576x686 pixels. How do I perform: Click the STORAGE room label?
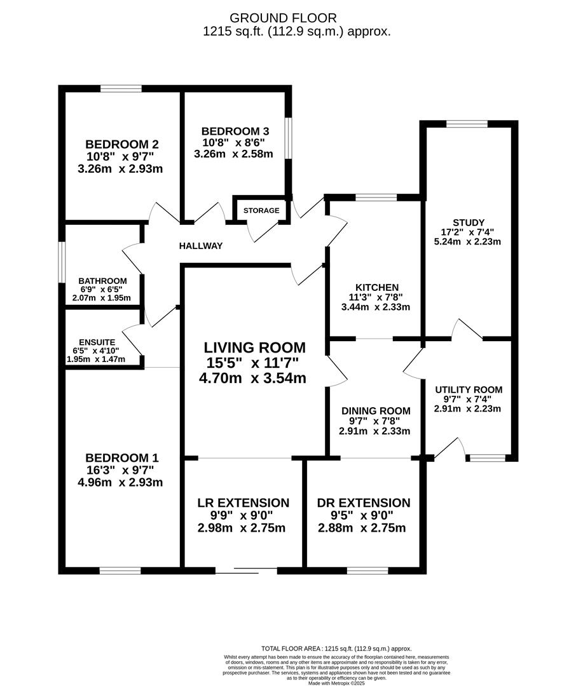click(x=261, y=210)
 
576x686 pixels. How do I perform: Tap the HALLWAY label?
click(x=201, y=246)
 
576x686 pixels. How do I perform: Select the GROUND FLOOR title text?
click(x=283, y=18)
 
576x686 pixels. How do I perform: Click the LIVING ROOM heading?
click(x=254, y=348)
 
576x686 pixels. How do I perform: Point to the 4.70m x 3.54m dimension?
click(x=253, y=377)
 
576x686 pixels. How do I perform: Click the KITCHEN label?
click(x=377, y=288)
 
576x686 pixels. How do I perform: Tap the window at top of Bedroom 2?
click(x=121, y=89)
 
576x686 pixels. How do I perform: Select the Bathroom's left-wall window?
click(x=62, y=263)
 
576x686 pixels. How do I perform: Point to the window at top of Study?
click(x=467, y=124)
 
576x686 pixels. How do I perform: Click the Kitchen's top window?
click(x=376, y=198)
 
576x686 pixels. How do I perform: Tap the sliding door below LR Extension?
click(x=247, y=570)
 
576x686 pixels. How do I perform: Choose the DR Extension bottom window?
click(x=367, y=570)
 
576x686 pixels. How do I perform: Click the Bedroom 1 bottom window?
click(x=120, y=570)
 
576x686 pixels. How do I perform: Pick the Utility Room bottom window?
click(x=488, y=458)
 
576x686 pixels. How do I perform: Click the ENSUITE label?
click(x=97, y=342)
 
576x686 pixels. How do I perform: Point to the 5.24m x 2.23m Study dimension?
click(x=467, y=241)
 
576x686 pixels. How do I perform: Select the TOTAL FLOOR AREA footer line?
click(x=336, y=649)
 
